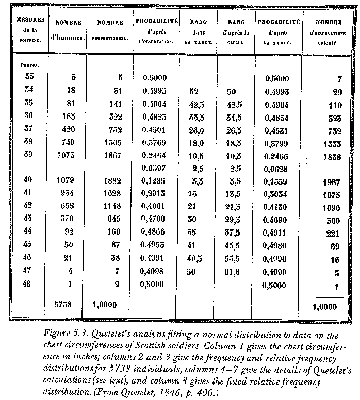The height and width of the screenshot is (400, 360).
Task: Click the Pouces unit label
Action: pos(28,65)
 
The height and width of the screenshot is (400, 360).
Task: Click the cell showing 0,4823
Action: pos(155,116)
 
